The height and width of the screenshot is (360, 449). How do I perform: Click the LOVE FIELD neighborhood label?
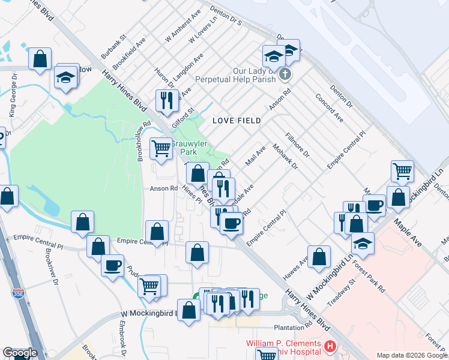[237, 121]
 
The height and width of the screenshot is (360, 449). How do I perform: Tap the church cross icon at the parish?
[285, 74]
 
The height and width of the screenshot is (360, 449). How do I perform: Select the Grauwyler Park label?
[189, 148]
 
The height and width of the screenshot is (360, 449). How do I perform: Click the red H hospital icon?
[330, 346]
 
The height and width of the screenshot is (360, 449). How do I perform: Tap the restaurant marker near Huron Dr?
[166, 100]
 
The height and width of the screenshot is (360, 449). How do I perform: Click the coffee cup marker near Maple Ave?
[375, 205]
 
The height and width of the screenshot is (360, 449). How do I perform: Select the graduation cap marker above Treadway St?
[363, 243]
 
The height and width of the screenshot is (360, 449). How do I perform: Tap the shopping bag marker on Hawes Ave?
[319, 256]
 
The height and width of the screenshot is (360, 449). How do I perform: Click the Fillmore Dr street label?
[297, 145]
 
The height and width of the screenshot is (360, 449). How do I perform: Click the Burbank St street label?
[113, 46]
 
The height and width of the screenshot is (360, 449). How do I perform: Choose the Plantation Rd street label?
[292, 328]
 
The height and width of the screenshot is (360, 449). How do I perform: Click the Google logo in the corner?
[20, 352]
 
